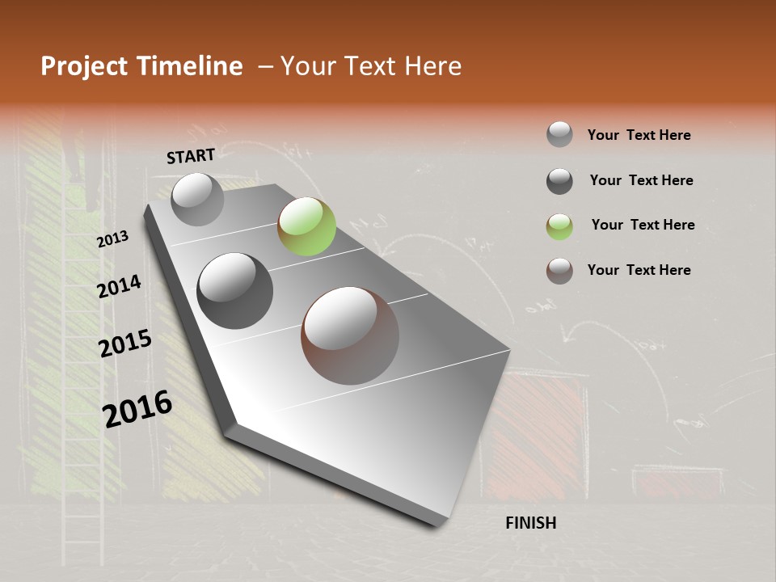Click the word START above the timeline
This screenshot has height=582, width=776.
tap(191, 156)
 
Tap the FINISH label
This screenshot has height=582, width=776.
tap(531, 523)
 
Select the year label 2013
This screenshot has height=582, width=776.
tap(112, 239)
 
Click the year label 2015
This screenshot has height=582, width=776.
tap(125, 344)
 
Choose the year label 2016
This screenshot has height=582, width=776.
tap(137, 408)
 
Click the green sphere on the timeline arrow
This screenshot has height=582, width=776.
tap(306, 226)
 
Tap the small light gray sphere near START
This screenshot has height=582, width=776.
tap(197, 199)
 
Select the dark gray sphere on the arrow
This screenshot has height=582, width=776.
tap(235, 290)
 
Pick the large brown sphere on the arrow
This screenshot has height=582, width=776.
tap(350, 335)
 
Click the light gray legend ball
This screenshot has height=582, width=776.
tap(559, 135)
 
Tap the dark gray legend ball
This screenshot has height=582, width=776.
tap(559, 181)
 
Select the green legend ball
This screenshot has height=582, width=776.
tap(559, 226)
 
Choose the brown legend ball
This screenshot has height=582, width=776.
tap(559, 271)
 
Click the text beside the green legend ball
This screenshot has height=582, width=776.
tap(643, 225)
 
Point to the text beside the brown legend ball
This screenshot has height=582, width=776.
tap(639, 270)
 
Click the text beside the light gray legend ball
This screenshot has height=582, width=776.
tap(639, 135)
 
